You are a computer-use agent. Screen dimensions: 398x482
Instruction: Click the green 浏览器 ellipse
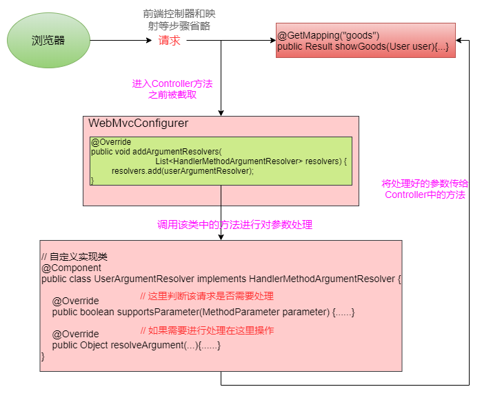(x=48, y=41)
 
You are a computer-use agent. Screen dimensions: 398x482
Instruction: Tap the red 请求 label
(x=170, y=41)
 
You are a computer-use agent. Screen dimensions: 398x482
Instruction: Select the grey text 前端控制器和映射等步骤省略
(x=181, y=19)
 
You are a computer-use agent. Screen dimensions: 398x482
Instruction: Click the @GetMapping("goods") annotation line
(x=328, y=35)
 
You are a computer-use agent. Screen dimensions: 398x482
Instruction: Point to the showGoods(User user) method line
(x=363, y=47)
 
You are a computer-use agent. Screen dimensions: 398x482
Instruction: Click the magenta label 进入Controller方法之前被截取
(x=172, y=90)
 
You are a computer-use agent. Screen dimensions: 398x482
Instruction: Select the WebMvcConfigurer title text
(x=138, y=123)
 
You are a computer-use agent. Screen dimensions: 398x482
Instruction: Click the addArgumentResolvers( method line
(x=157, y=152)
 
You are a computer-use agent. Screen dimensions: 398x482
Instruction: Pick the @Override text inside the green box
(x=110, y=142)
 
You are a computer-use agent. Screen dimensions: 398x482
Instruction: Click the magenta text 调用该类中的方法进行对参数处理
(x=234, y=225)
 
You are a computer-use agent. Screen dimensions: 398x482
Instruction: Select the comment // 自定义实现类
(x=74, y=257)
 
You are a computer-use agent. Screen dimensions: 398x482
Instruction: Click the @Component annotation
(x=71, y=268)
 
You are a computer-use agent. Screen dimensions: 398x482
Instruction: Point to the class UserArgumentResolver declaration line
(x=221, y=279)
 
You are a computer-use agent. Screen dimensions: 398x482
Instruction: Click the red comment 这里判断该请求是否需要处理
(x=207, y=296)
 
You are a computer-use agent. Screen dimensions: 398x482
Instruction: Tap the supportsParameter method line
(x=203, y=312)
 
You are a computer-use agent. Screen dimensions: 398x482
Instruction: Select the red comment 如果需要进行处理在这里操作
(x=207, y=330)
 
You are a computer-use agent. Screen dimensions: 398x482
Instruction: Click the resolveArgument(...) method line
(x=137, y=345)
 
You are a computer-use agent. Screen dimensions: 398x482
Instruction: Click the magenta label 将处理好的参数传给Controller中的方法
(x=425, y=189)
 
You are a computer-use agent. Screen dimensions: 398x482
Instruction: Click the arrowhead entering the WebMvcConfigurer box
(x=221, y=112)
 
